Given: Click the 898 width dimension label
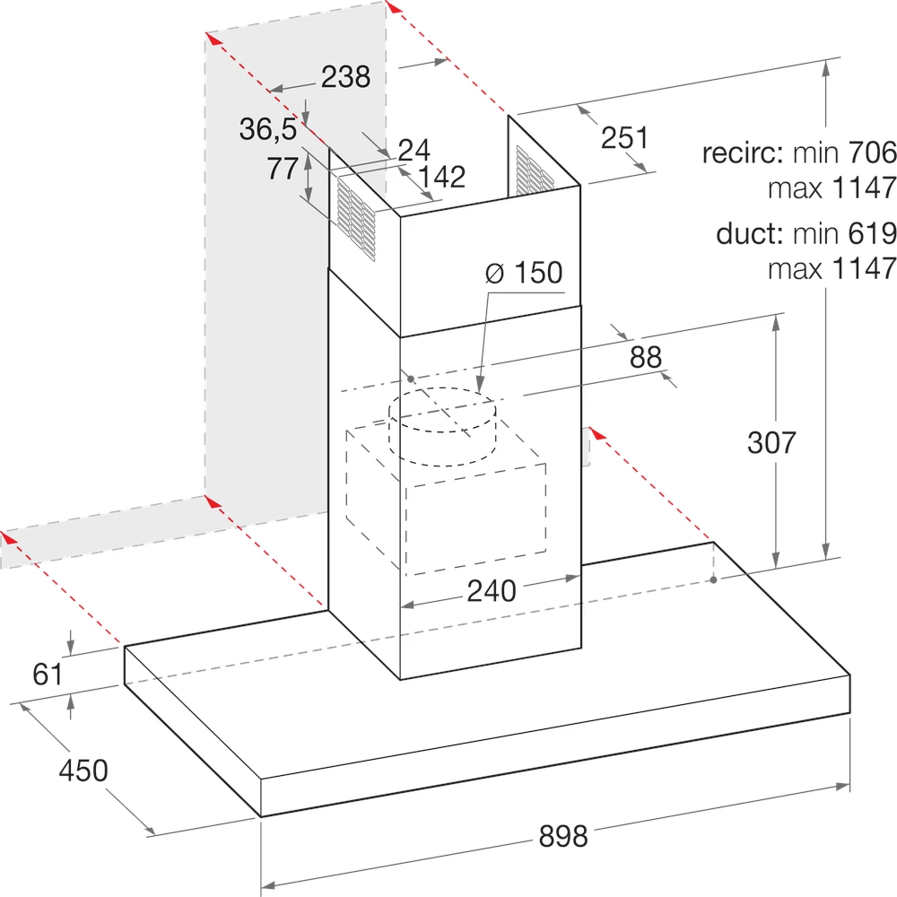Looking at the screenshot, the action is [x=563, y=836].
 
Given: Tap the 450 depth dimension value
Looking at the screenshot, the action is [x=83, y=770].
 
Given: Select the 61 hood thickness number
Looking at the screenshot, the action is [x=48, y=674].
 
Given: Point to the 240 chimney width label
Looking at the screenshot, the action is [x=492, y=590].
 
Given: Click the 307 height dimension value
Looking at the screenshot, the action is [x=771, y=442].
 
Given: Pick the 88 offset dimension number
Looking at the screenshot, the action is [x=645, y=357].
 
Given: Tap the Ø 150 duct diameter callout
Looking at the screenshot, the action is [x=524, y=273].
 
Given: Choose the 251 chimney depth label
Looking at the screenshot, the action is [x=624, y=138].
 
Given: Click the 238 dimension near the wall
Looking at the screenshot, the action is [x=345, y=76].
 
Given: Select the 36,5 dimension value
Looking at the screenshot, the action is [x=267, y=129].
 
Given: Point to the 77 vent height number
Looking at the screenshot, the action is [x=283, y=169].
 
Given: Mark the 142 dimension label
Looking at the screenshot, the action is [x=441, y=177].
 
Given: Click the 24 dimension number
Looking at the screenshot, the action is [x=414, y=150].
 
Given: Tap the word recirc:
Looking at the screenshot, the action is [x=743, y=152].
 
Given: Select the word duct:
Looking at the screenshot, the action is [x=749, y=233].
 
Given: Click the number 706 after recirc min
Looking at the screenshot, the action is [x=873, y=152].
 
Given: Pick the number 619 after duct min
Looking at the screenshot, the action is [x=873, y=233].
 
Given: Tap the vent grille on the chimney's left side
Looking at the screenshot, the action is [x=356, y=219].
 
